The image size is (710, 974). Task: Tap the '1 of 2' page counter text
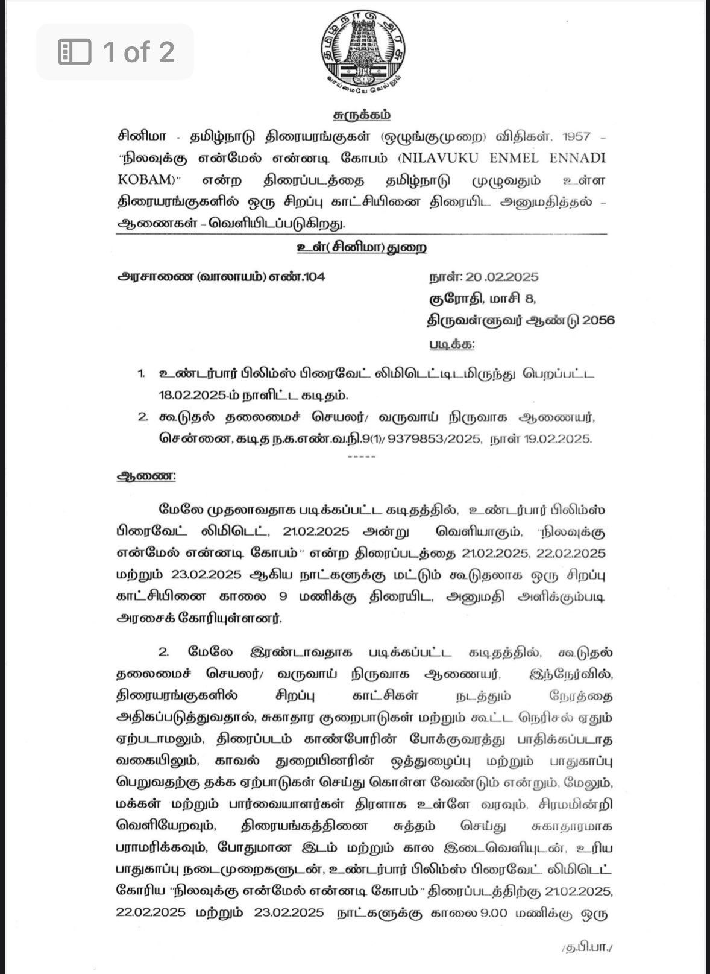click(139, 52)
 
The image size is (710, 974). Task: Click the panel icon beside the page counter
click(75, 52)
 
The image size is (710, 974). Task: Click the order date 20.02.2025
click(501, 277)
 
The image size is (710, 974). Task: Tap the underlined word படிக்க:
click(451, 344)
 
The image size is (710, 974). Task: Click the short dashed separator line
click(362, 457)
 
